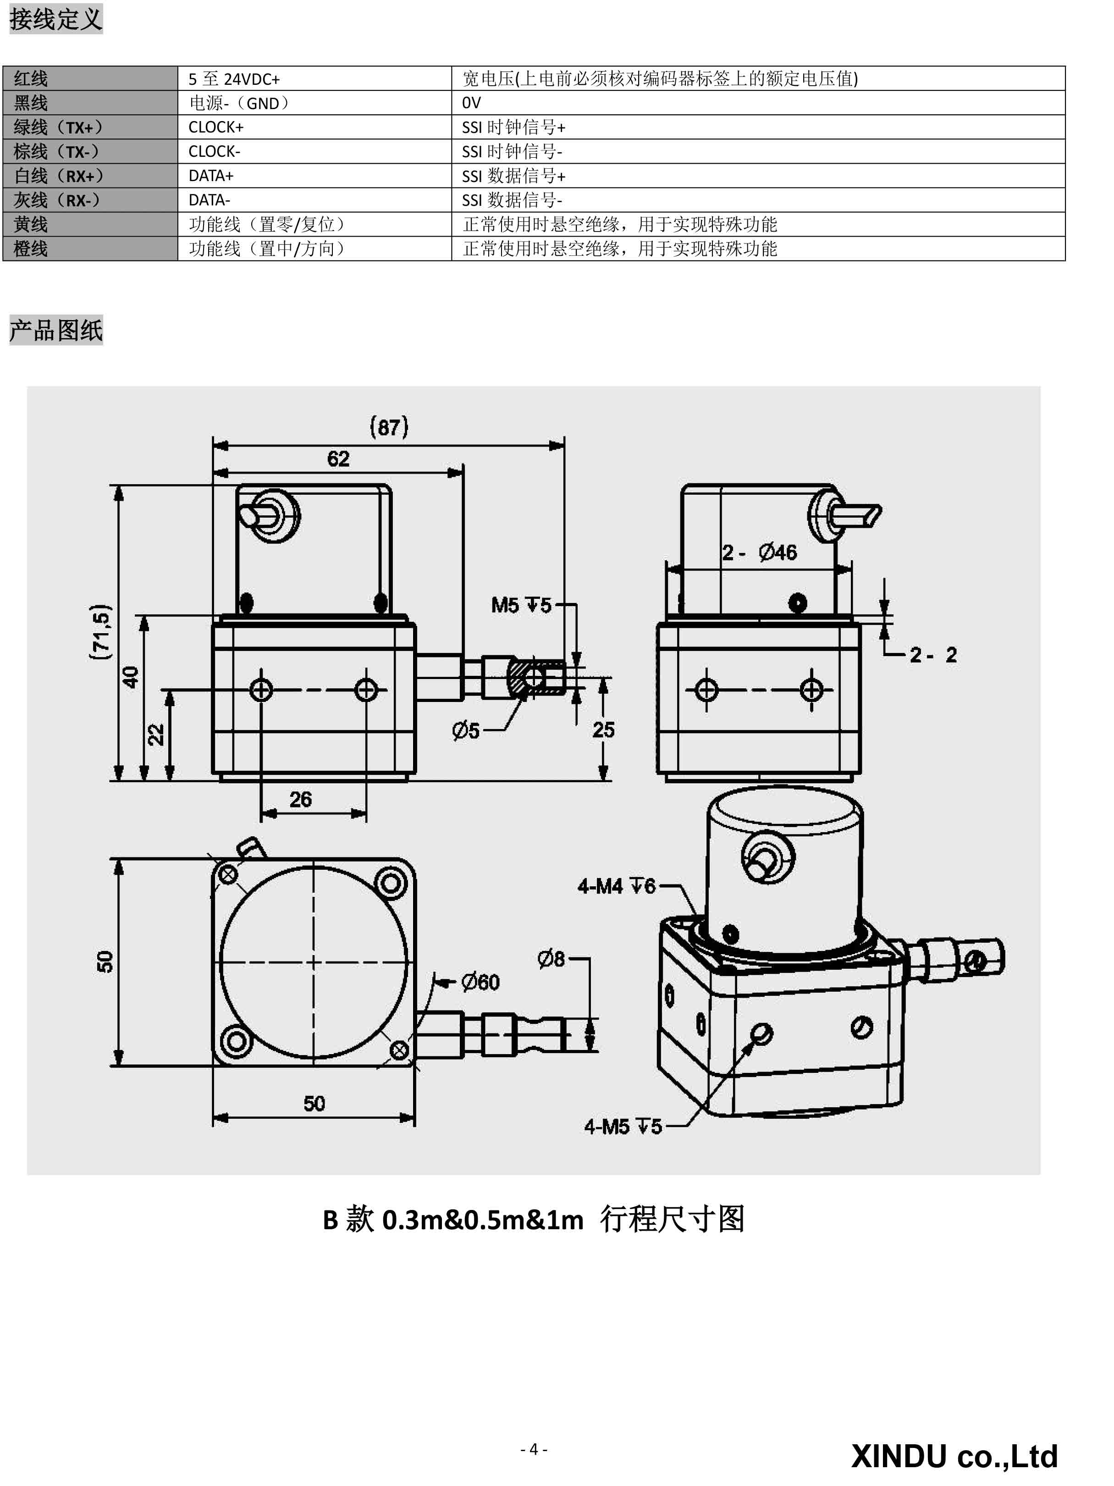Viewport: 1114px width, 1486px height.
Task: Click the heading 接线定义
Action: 56,19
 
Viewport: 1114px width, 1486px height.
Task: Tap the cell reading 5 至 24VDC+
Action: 314,78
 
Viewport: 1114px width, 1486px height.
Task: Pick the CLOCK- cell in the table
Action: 314,151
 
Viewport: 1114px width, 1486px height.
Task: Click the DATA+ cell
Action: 314,175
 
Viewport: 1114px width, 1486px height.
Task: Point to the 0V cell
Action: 758,103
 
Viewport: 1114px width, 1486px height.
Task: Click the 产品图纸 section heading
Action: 56,330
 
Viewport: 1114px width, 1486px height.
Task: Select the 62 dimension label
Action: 338,459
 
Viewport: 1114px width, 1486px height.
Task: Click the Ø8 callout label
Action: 551,959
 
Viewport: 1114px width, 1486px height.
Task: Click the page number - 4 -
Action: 534,1449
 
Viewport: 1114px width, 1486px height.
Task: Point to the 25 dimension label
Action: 603,729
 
